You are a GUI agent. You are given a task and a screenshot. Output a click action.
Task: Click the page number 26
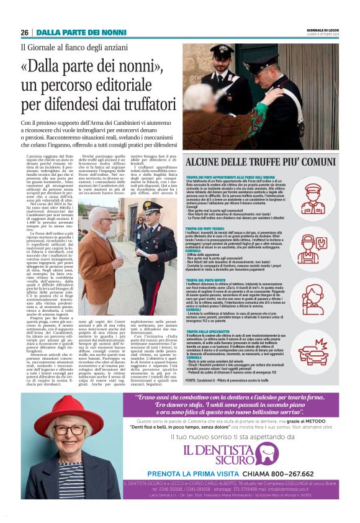coord(24,32)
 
